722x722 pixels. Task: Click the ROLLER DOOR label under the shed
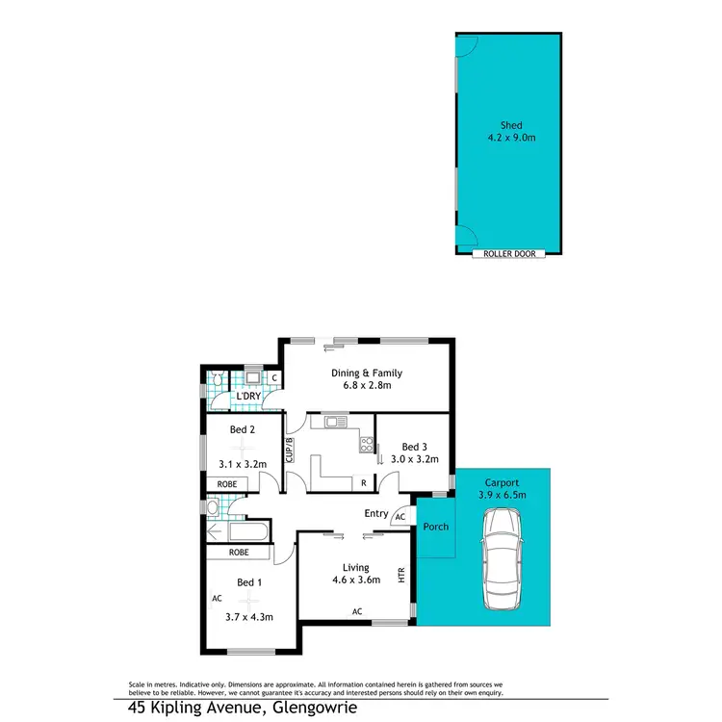509,254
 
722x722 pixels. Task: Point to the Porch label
436,527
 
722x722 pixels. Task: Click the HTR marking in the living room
402,576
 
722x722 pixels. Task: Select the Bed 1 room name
248,582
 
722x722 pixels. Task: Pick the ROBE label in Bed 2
227,484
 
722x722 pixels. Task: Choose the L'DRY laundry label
249,396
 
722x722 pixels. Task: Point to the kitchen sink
335,422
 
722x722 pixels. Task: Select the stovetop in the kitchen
366,445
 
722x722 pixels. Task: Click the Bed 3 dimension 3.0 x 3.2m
415,460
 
